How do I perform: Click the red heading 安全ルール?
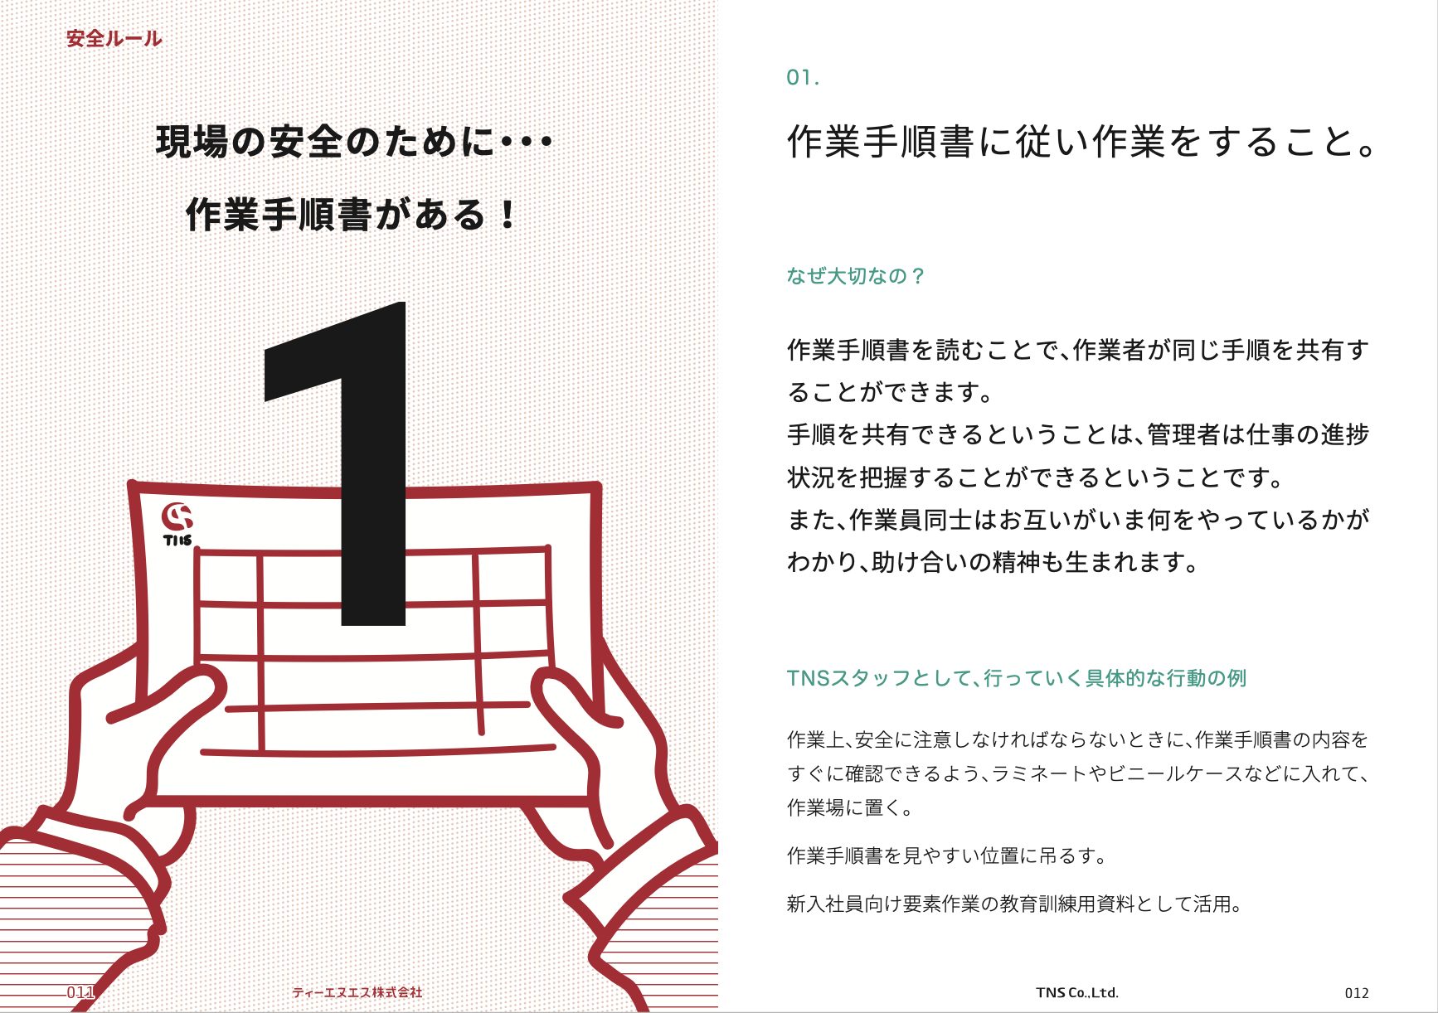(x=114, y=38)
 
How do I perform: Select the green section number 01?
(x=802, y=78)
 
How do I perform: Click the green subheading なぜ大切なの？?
(x=855, y=275)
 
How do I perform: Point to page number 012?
(x=1357, y=992)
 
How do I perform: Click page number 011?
(x=80, y=991)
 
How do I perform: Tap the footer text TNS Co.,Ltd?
(x=1077, y=992)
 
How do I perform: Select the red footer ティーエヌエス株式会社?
(x=357, y=991)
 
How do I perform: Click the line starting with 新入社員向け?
(x=1015, y=904)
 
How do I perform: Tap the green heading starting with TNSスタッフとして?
(x=1016, y=678)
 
